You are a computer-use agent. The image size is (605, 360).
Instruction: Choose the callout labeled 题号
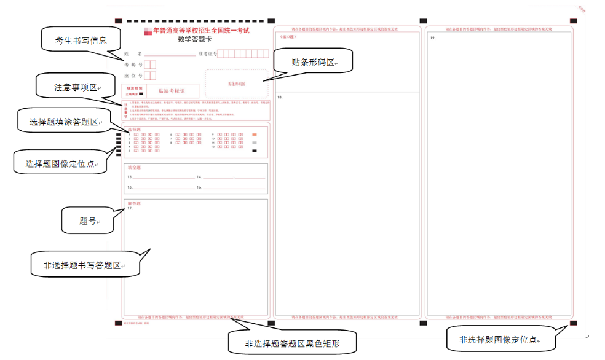pyautogui.click(x=88, y=221)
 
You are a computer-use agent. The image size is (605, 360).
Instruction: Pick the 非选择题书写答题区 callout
pyautogui.click(x=85, y=265)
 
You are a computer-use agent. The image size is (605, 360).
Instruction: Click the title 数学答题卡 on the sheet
pyautogui.click(x=196, y=38)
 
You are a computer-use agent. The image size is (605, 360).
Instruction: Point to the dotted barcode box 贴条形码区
pyautogui.click(x=237, y=84)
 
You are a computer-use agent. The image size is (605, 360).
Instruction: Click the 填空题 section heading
pyautogui.click(x=134, y=167)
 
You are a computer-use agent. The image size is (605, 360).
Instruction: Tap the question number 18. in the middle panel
pyautogui.click(x=280, y=98)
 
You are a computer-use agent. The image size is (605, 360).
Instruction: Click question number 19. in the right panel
pyautogui.click(x=433, y=38)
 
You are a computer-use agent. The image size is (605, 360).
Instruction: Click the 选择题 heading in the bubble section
pyautogui.click(x=134, y=129)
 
